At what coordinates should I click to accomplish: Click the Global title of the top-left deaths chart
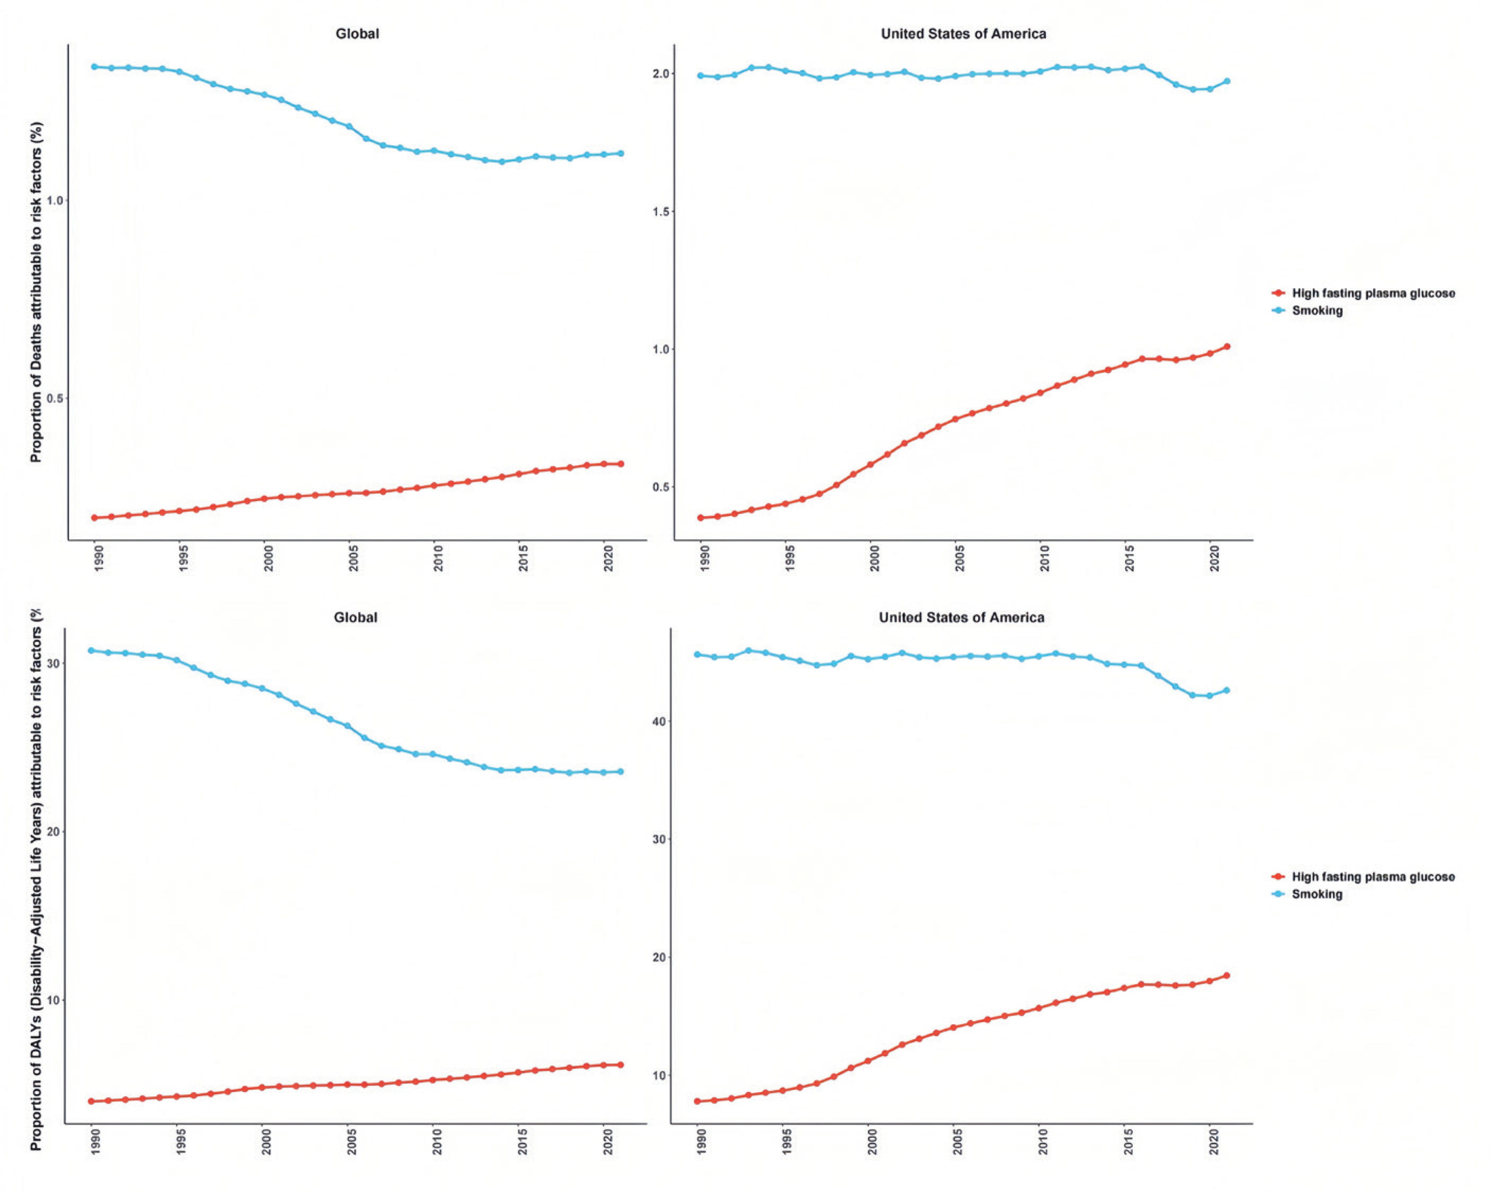[357, 33]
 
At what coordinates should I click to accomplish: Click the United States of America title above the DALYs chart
[961, 617]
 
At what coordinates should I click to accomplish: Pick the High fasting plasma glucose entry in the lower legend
[1373, 877]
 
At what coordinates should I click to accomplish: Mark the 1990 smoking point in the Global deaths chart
[95, 67]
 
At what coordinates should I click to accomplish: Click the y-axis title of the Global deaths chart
[36, 292]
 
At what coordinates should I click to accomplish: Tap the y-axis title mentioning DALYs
[36, 878]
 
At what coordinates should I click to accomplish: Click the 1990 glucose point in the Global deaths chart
[95, 517]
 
